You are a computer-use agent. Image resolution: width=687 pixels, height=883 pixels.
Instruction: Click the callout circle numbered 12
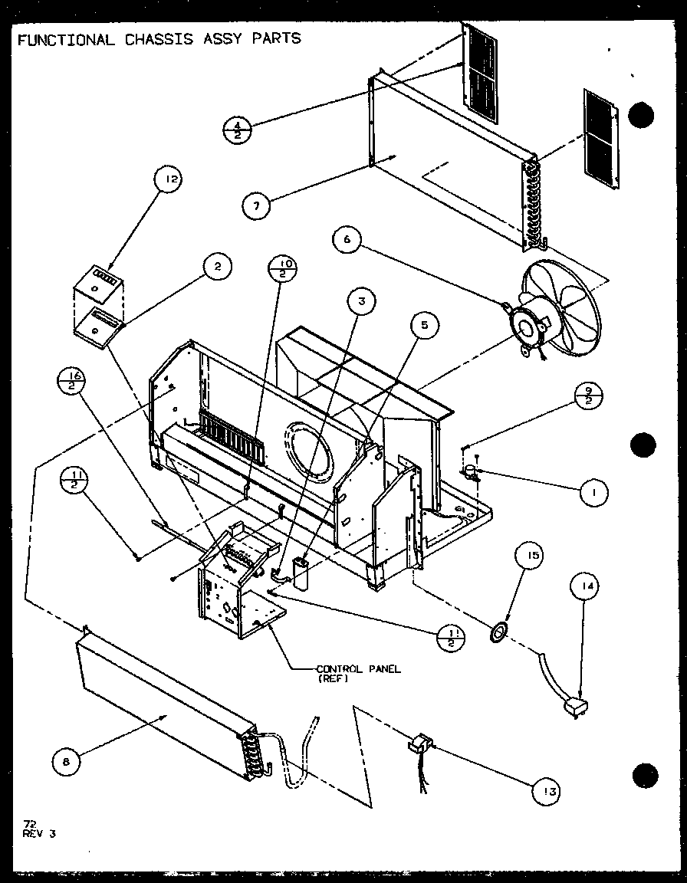[x=171, y=181]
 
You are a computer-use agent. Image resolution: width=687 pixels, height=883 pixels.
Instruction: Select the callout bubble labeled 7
[x=258, y=205]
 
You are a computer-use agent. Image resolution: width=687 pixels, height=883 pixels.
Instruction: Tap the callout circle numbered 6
[x=347, y=241]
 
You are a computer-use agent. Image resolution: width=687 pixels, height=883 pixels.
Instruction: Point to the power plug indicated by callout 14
[x=575, y=706]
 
